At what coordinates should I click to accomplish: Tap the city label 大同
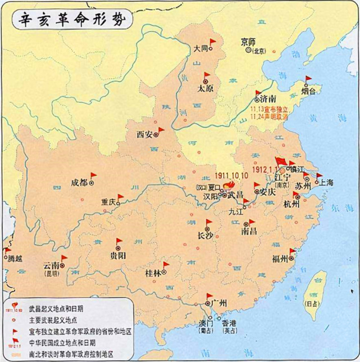tap(200, 49)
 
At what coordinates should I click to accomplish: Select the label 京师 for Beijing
tap(248, 42)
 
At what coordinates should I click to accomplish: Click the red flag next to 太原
tap(207, 76)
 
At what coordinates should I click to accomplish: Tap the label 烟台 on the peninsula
tap(309, 89)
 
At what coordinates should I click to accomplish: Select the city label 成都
tap(79, 182)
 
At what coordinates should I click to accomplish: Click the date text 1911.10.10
tap(231, 175)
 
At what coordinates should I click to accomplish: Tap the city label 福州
tap(280, 259)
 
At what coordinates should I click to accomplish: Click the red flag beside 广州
tap(209, 296)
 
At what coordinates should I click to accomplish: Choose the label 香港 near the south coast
tap(229, 324)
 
